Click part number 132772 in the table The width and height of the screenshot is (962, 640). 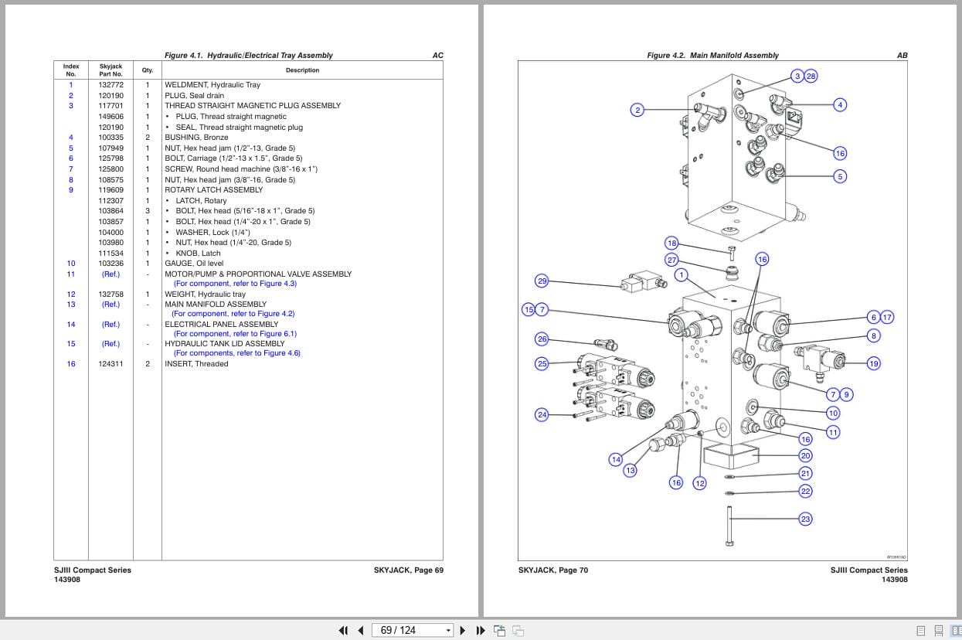point(110,85)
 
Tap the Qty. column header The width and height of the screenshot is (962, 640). point(148,70)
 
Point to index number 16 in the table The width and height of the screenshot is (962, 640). point(71,364)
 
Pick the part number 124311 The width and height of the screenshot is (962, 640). point(110,364)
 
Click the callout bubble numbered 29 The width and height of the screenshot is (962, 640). point(542,281)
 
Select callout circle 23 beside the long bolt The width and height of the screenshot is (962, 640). point(805,519)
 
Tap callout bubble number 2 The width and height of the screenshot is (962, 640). point(637,110)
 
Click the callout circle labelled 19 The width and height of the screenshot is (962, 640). point(873,363)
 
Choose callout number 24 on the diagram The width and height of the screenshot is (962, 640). point(542,415)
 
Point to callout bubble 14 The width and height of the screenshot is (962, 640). point(616,459)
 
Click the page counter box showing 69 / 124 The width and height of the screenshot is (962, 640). point(412,630)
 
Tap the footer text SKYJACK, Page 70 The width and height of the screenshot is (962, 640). point(553,570)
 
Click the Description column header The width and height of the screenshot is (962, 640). point(302,70)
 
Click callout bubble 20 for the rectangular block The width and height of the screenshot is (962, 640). point(805,456)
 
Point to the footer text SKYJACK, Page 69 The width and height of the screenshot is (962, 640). point(408,570)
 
